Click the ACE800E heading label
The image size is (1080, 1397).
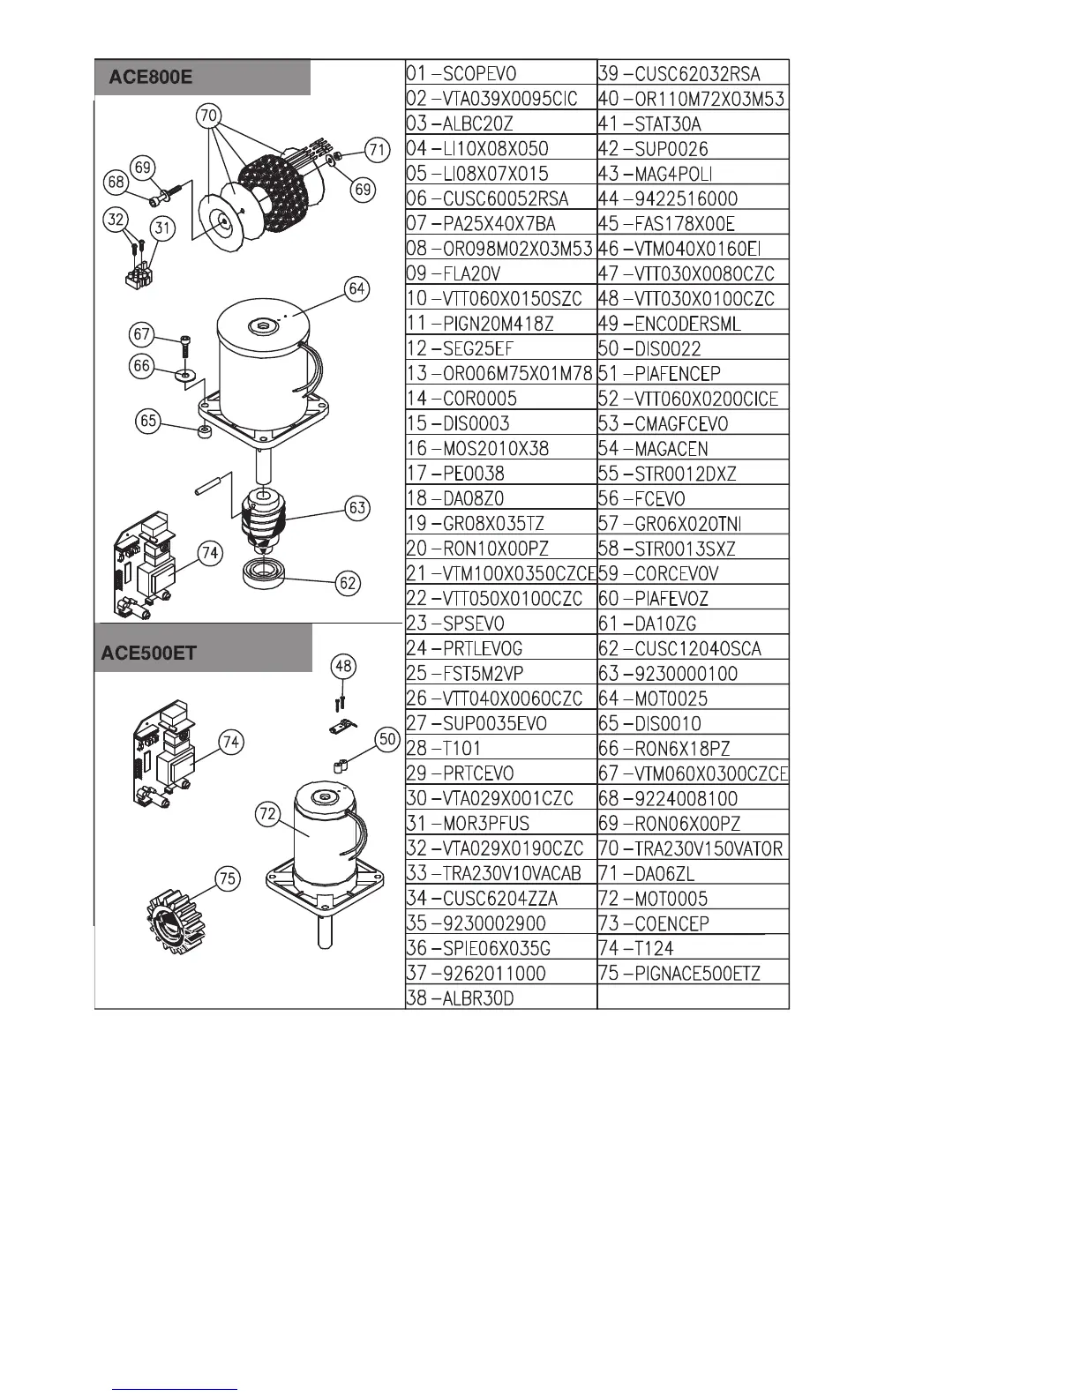(150, 78)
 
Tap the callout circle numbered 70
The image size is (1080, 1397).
(209, 116)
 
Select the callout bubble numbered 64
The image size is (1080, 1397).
(356, 288)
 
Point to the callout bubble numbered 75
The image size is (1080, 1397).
(228, 878)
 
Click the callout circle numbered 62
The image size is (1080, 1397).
(349, 581)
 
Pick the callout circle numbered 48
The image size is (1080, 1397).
(343, 666)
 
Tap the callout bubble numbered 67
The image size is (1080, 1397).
(142, 334)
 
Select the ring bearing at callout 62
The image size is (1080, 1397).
(266, 571)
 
